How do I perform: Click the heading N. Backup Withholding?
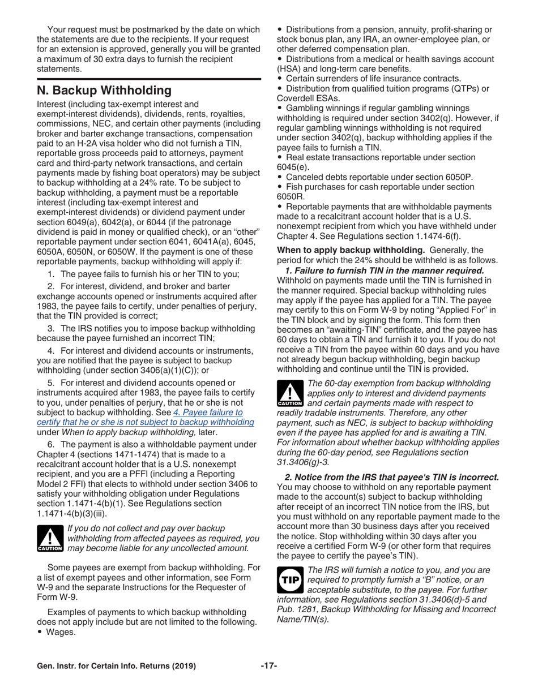[104, 91]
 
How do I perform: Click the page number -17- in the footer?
[268, 666]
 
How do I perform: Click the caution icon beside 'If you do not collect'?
[49, 538]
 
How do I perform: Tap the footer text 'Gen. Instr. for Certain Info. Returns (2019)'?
[116, 666]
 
